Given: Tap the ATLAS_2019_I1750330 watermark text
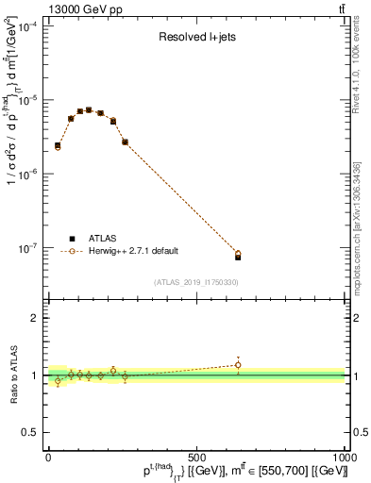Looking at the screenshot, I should (196, 281).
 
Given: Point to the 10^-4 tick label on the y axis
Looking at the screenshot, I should (26, 26).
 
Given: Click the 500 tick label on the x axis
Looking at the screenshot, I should (196, 457).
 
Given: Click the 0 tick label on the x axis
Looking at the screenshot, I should (48, 457).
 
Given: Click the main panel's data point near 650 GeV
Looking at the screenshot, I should (238, 255).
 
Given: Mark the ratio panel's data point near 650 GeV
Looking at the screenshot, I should (238, 365).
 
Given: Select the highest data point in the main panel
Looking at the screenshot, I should (89, 110).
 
